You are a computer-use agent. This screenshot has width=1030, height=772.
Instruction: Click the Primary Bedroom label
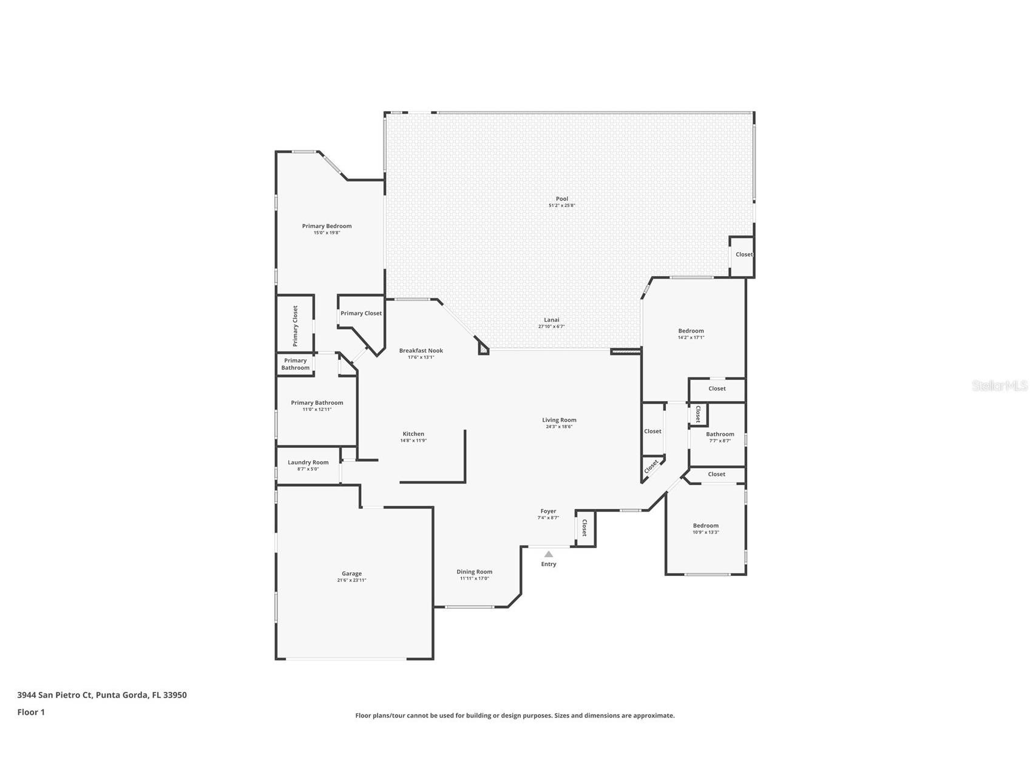(x=327, y=226)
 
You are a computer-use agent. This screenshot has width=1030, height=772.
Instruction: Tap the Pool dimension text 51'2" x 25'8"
(x=561, y=206)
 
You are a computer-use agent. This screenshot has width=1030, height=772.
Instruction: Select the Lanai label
(x=551, y=320)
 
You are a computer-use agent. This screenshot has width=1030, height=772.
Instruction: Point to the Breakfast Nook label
(x=421, y=351)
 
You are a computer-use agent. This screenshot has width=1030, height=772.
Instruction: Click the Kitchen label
(x=413, y=434)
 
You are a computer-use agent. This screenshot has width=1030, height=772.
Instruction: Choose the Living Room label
(x=559, y=420)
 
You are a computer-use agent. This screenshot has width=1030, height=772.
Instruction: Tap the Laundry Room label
(x=308, y=462)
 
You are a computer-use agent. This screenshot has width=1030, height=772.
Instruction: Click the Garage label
(x=351, y=574)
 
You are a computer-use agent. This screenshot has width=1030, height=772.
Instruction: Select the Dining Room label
(x=474, y=572)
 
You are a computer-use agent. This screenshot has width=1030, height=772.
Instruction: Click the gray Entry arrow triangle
(x=548, y=554)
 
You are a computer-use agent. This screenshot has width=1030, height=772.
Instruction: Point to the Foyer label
(x=548, y=512)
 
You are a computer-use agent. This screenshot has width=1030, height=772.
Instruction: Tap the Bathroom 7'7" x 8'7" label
(x=720, y=435)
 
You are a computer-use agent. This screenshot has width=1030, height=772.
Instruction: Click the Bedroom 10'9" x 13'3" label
(x=705, y=526)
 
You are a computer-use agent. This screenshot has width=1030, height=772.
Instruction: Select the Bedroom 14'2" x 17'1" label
(x=691, y=331)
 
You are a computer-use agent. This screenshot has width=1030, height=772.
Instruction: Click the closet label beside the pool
(x=744, y=254)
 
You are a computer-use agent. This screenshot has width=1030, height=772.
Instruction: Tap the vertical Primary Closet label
(x=296, y=326)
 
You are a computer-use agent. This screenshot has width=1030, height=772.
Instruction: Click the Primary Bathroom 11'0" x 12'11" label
(x=317, y=403)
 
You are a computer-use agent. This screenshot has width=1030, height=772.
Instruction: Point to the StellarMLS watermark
(x=999, y=385)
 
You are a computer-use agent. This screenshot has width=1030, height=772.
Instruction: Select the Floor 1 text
(x=31, y=712)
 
